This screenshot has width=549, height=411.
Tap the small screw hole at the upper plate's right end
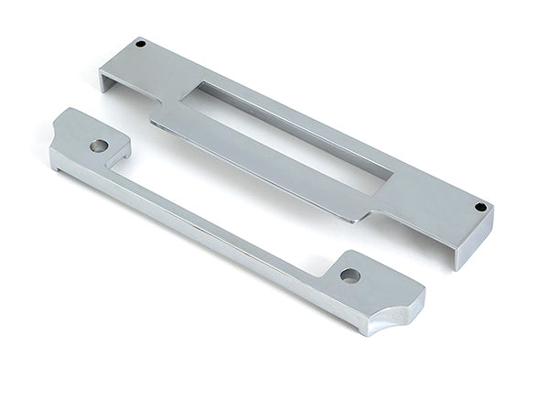click(x=479, y=208)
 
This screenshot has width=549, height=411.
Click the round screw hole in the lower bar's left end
click(x=96, y=145)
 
